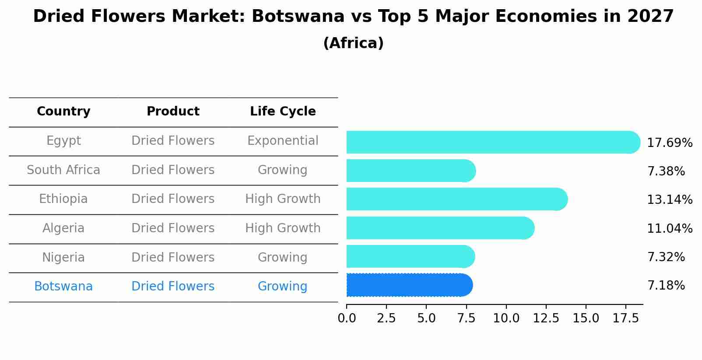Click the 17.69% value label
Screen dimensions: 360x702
669,143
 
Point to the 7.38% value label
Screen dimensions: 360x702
666,171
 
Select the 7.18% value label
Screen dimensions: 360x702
666,286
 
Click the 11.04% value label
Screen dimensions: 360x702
669,229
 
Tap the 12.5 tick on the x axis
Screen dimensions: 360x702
546,318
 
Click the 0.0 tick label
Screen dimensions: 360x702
347,318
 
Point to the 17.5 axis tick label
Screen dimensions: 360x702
625,318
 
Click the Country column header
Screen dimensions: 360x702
63,112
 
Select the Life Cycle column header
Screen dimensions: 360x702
283,112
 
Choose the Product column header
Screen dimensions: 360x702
173,112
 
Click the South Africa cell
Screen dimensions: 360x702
63,170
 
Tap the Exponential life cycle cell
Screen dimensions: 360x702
283,141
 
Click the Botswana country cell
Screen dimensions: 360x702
63,287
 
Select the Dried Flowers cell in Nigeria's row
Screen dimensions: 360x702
173,257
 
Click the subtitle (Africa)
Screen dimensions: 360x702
353,43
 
